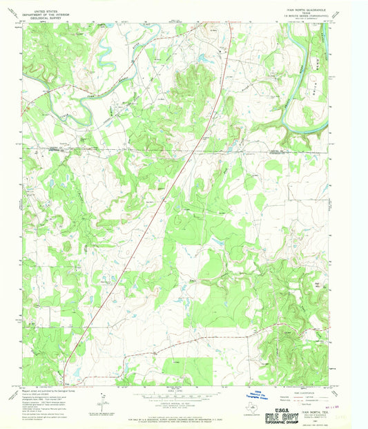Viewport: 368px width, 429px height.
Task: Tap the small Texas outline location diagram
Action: (233, 408)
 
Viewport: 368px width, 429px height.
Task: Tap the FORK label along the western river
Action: (57, 101)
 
